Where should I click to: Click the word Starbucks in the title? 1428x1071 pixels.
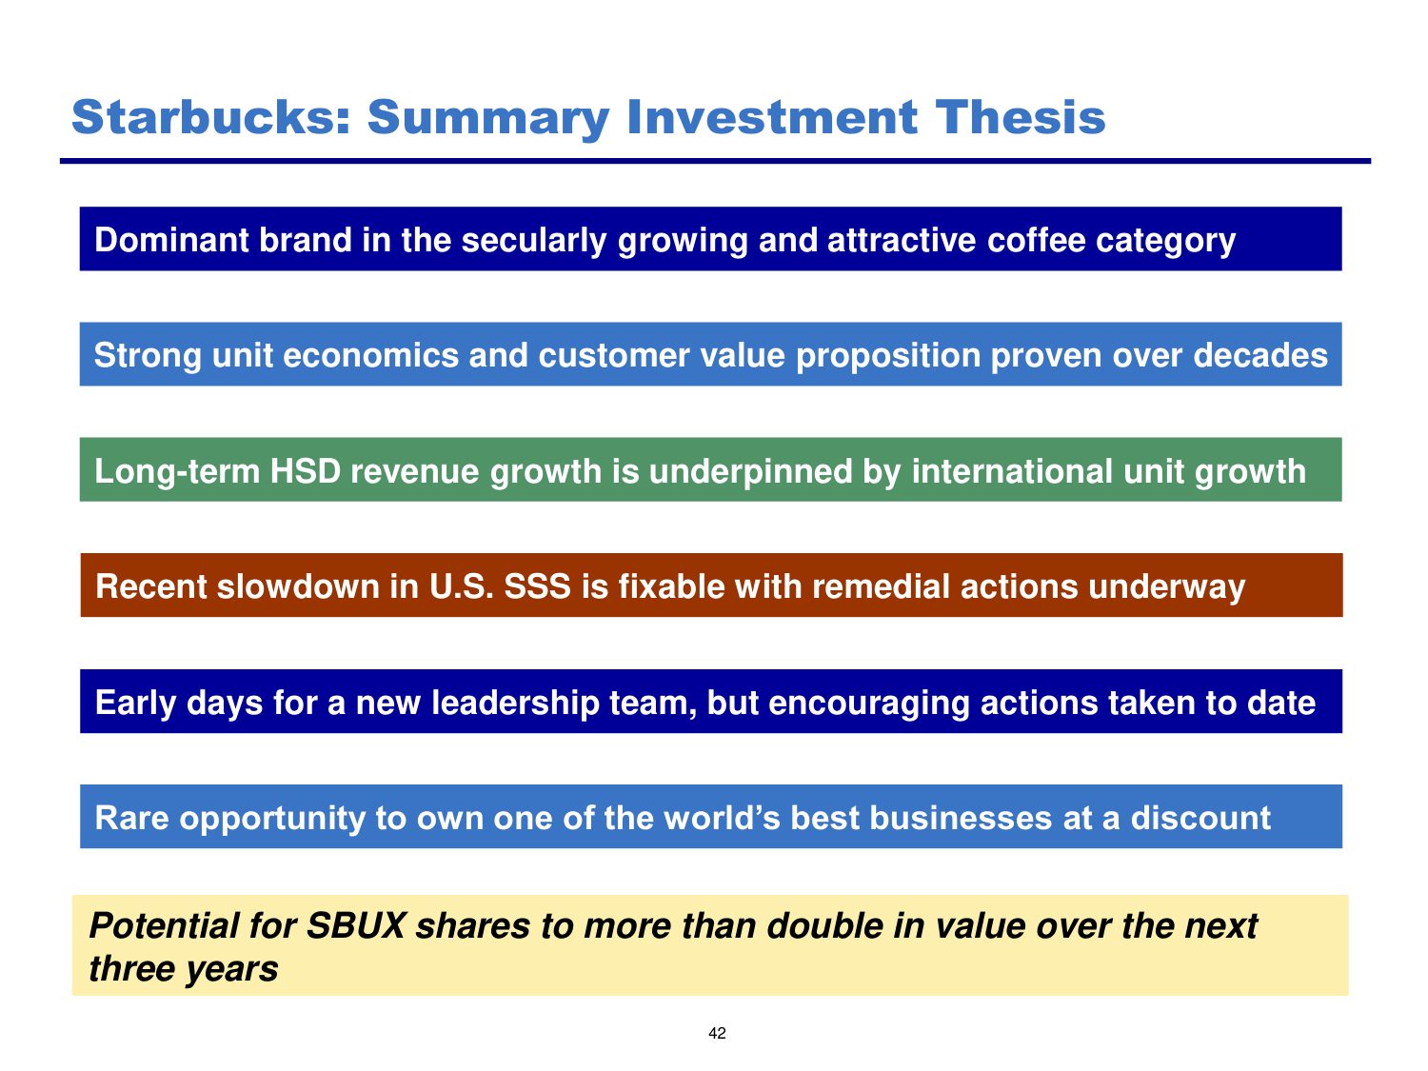[210, 117]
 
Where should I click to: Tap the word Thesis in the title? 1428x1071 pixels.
[1021, 117]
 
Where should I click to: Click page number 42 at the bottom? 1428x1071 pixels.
[716, 1033]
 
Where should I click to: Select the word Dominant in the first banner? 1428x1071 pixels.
[171, 239]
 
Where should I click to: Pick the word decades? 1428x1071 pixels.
[1259, 355]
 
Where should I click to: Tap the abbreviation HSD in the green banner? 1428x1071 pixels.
[306, 471]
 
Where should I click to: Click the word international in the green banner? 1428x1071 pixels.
[1012, 471]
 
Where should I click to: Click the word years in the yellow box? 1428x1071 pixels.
[231, 969]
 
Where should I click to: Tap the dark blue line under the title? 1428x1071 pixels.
[715, 161]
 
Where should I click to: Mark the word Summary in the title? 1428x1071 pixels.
[488, 119]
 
